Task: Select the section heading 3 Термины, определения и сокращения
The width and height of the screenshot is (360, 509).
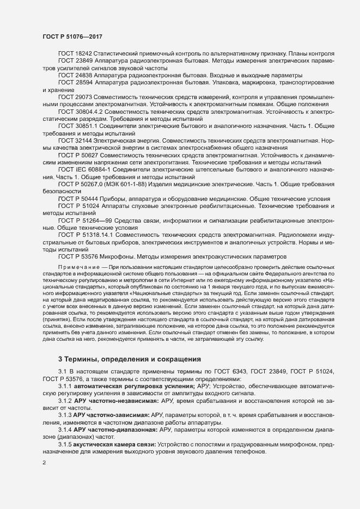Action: (x=130, y=359)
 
